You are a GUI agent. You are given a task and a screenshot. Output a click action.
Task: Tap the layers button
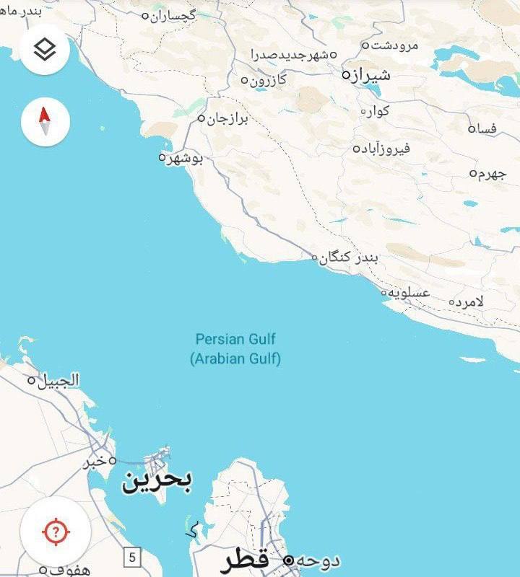(x=45, y=49)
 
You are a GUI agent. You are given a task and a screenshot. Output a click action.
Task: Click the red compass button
(x=45, y=121)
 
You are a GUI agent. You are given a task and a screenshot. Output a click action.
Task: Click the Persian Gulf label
(x=235, y=339)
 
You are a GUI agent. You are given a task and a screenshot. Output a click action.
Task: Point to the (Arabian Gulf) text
(x=235, y=358)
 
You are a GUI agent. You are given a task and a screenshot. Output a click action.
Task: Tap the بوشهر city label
(x=185, y=158)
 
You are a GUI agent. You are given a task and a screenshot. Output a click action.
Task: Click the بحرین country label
(x=157, y=481)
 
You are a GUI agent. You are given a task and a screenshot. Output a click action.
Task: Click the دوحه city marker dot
(x=288, y=560)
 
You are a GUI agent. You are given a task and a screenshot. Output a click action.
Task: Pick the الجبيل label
(x=58, y=380)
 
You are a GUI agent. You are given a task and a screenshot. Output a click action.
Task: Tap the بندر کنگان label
(x=349, y=257)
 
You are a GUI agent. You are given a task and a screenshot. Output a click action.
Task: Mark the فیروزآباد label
(x=386, y=149)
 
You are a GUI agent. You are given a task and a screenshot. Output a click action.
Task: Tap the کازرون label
(x=268, y=80)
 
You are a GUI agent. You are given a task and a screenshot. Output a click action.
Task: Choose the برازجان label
(x=227, y=118)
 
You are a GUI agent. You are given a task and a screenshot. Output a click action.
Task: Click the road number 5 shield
(x=131, y=557)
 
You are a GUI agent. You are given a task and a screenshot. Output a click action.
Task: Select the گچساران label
(x=173, y=15)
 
